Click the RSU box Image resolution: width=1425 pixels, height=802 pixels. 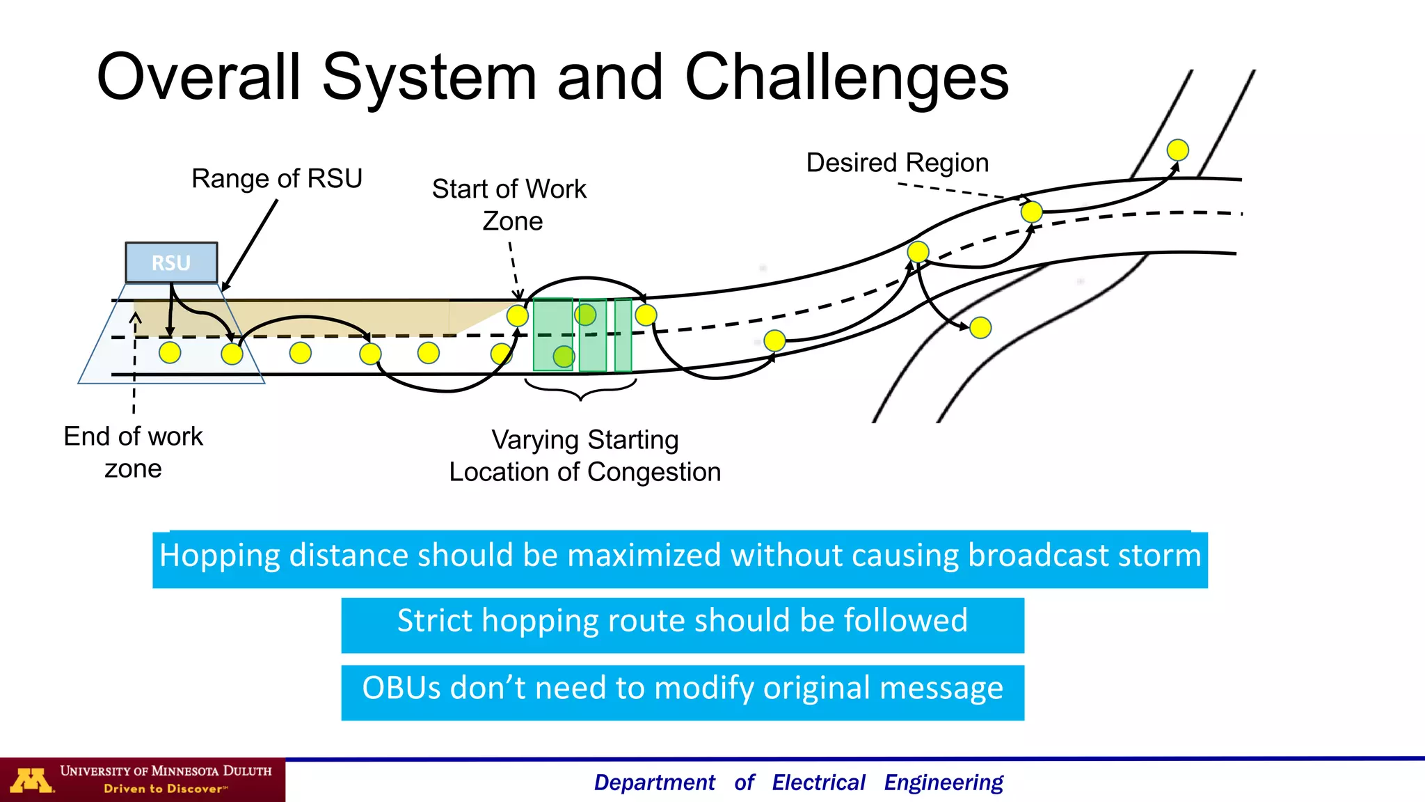click(171, 262)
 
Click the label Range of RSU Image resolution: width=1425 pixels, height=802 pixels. click(277, 178)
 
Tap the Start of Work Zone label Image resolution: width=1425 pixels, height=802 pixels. click(510, 205)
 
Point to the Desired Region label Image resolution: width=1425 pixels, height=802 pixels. click(897, 163)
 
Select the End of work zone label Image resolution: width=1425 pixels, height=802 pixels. click(133, 452)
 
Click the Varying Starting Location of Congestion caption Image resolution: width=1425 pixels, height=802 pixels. click(584, 456)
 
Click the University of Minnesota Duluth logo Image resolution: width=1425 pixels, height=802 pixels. click(143, 779)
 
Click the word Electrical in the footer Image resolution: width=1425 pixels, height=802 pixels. click(818, 783)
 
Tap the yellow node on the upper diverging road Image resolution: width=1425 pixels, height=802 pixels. click(1177, 150)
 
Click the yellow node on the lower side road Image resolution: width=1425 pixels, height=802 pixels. click(980, 327)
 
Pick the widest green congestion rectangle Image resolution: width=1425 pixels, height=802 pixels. click(552, 335)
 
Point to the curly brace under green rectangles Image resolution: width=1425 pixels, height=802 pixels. click(580, 391)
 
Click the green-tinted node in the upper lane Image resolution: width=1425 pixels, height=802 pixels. click(586, 315)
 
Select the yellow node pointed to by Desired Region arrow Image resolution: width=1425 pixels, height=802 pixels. click(1031, 211)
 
